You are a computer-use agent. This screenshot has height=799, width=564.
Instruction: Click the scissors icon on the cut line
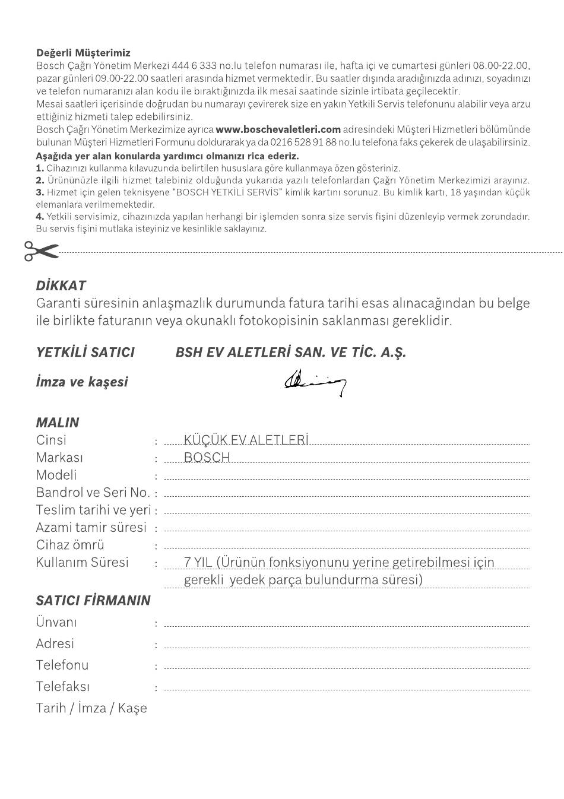coord(41,251)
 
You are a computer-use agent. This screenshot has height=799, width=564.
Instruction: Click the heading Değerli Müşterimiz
coord(83,53)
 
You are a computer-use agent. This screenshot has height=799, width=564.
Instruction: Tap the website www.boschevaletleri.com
coord(278,129)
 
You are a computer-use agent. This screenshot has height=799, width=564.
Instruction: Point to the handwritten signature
coord(315,382)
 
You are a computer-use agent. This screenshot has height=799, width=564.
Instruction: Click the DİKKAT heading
coord(61,286)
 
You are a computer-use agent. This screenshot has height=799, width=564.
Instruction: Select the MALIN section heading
coord(57,423)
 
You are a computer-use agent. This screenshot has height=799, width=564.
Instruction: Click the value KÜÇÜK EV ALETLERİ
coord(246,440)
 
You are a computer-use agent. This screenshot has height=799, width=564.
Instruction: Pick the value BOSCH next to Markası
coord(207,458)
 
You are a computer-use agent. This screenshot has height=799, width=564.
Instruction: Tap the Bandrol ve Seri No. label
coord(93,493)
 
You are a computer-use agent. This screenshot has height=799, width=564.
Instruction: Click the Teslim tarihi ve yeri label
coord(93,510)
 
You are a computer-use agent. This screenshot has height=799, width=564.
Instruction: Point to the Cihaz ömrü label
coord(70,545)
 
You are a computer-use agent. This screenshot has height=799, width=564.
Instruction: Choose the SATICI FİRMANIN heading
coord(93,600)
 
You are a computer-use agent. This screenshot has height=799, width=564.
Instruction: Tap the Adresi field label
coord(55,644)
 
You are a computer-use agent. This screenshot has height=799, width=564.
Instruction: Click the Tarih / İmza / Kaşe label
coord(91,708)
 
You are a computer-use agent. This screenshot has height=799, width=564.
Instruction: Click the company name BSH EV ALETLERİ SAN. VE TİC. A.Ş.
coord(291,353)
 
